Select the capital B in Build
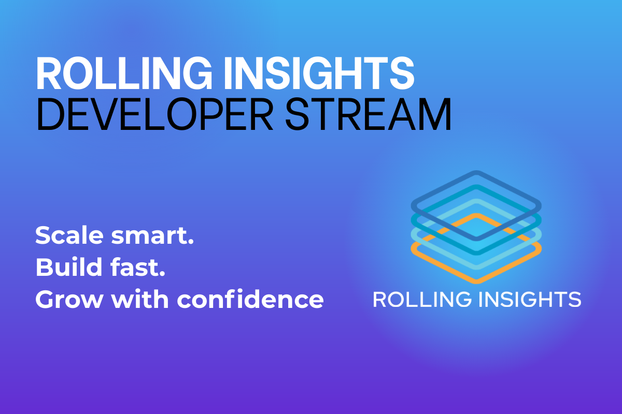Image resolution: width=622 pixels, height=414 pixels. [x=43, y=268]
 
